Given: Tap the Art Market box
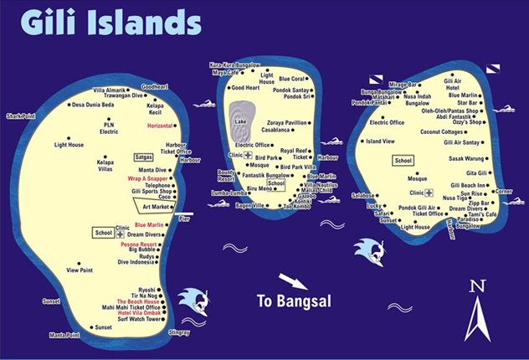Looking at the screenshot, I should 156,206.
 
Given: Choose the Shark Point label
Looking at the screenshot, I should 21,116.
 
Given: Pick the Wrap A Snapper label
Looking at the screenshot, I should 148,178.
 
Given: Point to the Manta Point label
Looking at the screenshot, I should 64,335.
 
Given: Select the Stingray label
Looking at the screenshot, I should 178,332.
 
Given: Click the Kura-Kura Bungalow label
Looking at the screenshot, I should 235,64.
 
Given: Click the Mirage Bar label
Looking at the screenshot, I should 403,85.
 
